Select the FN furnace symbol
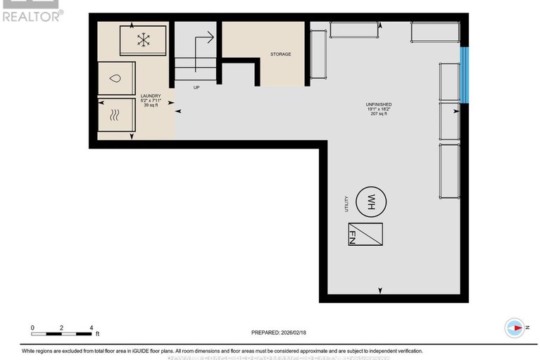pyautogui.click(x=365, y=235)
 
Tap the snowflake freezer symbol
pyautogui.click(x=144, y=41)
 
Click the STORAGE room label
pyautogui.click(x=280, y=54)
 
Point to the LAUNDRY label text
pyautogui.click(x=151, y=97)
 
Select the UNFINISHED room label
pyautogui.click(x=378, y=104)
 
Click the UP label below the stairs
pyautogui.click(x=198, y=87)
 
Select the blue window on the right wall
pyautogui.click(x=464, y=75)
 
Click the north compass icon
pyautogui.click(x=515, y=328)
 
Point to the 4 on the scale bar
pyautogui.click(x=92, y=328)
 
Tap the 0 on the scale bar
pyautogui.click(x=32, y=328)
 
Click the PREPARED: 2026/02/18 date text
pyautogui.click(x=280, y=333)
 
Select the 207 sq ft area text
pyautogui.click(x=379, y=114)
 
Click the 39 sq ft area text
pyautogui.click(x=151, y=106)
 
